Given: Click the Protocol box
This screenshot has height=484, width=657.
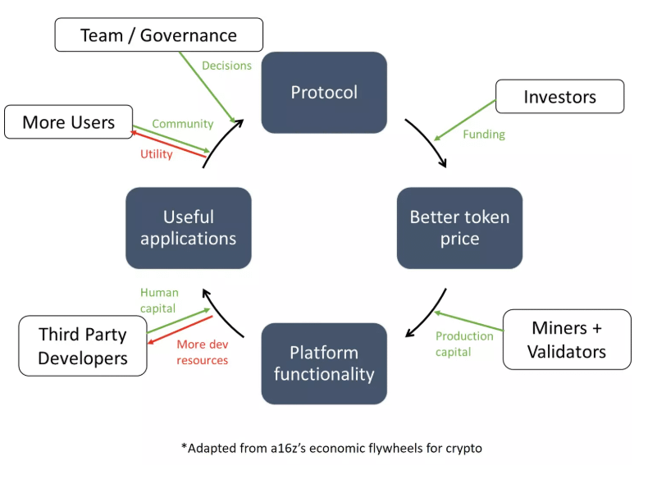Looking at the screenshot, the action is (x=324, y=93).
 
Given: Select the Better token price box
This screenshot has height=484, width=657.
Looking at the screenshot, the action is (x=459, y=228).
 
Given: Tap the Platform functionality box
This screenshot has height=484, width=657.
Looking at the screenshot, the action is (x=324, y=363).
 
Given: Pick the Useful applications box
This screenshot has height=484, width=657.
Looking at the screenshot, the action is (x=189, y=228).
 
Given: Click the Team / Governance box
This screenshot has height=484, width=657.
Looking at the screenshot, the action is (x=159, y=34).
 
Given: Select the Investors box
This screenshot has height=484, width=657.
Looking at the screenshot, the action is (x=559, y=96).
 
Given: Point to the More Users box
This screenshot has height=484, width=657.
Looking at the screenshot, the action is (x=68, y=122).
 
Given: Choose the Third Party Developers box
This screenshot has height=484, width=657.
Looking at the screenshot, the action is (x=83, y=345).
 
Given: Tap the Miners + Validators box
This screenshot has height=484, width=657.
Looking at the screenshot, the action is (x=567, y=340).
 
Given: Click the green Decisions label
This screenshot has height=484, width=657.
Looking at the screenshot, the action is (x=226, y=66).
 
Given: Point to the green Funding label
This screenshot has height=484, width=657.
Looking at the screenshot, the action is (x=484, y=135).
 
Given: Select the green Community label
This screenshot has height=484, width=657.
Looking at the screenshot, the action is (x=183, y=124).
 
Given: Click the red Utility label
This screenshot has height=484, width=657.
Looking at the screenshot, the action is (x=157, y=154).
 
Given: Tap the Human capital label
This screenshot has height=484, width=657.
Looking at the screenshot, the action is (x=159, y=300).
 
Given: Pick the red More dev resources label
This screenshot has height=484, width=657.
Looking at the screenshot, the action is (x=203, y=352).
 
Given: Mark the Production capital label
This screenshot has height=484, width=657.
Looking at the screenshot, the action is (x=464, y=344).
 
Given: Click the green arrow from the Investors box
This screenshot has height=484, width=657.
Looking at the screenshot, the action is (x=465, y=120).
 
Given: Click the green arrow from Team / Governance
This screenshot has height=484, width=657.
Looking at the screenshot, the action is (x=208, y=87).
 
